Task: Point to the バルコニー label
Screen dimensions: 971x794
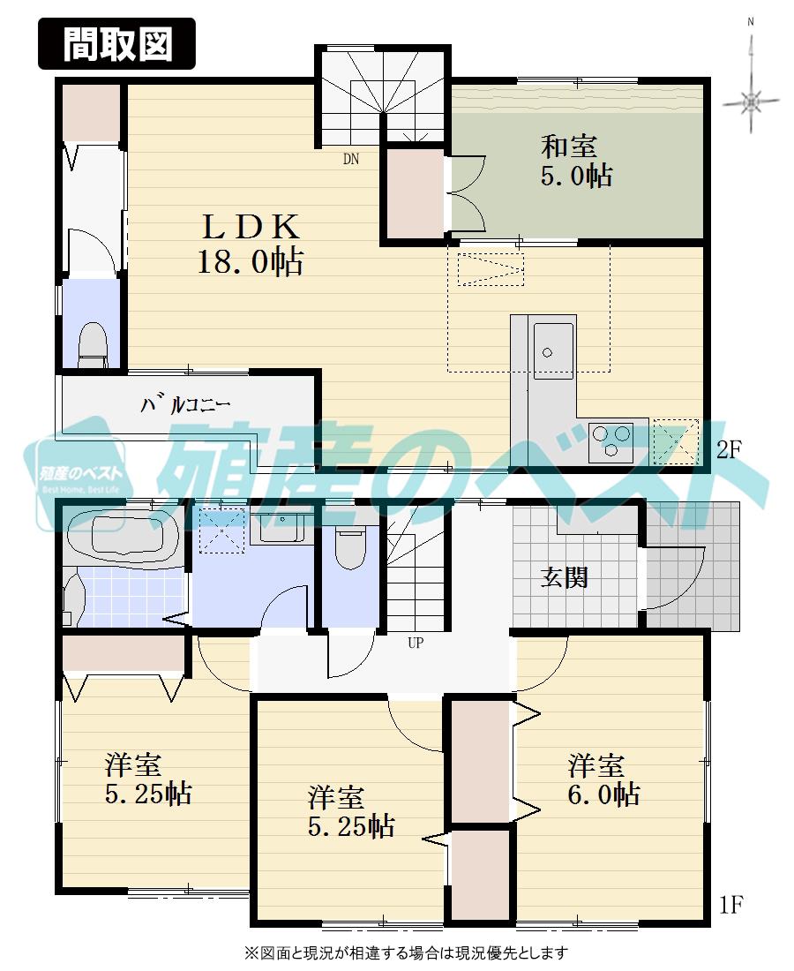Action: (x=186, y=405)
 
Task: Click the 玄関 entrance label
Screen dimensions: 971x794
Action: (x=564, y=578)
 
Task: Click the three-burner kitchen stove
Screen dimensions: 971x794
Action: (x=611, y=439)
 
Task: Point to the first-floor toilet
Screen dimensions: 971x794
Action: (x=350, y=546)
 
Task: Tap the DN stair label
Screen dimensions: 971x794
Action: (x=351, y=160)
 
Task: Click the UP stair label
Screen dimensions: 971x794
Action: (x=415, y=643)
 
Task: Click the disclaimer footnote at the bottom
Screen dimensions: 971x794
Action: (x=406, y=953)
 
